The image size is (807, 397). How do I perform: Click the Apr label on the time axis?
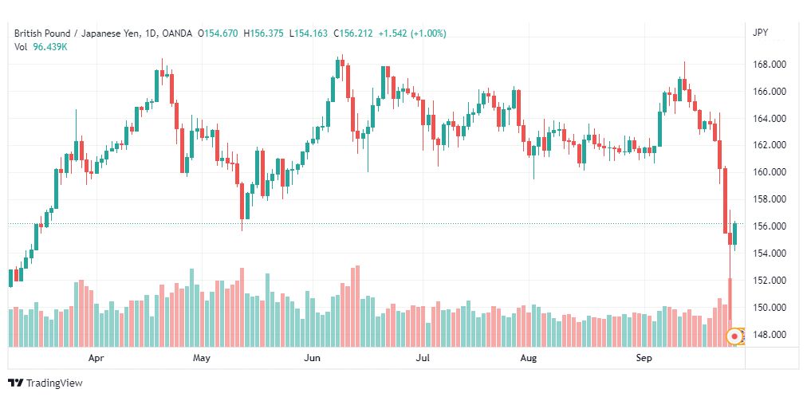coord(96,358)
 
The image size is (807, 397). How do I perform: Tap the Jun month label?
coord(312,358)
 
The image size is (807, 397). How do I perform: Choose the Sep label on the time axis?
coord(644,358)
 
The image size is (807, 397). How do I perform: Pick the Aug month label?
coord(528,358)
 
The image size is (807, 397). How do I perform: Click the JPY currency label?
coord(760,33)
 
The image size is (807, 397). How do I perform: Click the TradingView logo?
coord(45,383)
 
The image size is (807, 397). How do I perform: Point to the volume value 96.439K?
coord(50,47)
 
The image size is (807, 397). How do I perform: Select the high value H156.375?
coord(263,33)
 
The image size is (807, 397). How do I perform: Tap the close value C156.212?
coord(353,33)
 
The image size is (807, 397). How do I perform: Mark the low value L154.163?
coord(309,33)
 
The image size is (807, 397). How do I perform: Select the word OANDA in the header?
coord(177,33)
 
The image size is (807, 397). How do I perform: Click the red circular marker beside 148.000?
coord(734,336)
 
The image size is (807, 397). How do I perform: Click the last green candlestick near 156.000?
coord(735,234)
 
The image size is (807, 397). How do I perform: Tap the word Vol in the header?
coord(21,47)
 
